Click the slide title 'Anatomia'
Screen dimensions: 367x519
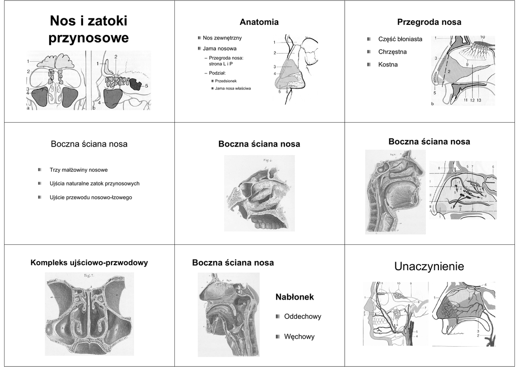pyautogui.click(x=259, y=22)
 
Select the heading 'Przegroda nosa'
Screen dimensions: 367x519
pyautogui.click(x=429, y=22)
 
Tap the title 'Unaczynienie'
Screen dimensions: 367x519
pyautogui.click(x=429, y=267)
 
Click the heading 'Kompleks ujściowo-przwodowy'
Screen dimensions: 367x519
pyautogui.click(x=89, y=263)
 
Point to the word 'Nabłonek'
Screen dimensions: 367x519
pyautogui.click(x=294, y=297)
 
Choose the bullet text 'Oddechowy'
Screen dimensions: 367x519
pyautogui.click(x=303, y=317)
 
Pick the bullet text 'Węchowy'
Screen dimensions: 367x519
pyautogui.click(x=299, y=337)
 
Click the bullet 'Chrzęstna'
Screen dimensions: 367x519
pyautogui.click(x=392, y=52)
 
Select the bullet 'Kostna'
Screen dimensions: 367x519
pyautogui.click(x=388, y=65)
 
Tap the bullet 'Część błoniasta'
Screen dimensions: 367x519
pyautogui.click(x=400, y=39)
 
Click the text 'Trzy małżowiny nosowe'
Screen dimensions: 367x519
pyautogui.click(x=79, y=170)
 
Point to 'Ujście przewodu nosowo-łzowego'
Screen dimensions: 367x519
pyautogui.click(x=91, y=197)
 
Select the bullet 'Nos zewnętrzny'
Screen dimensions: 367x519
pyautogui.click(x=222, y=38)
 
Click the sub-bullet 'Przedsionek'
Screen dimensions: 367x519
pyautogui.click(x=226, y=81)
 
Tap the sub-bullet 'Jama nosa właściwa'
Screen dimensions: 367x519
pyautogui.click(x=233, y=89)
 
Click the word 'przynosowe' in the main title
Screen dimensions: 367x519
pyautogui.click(x=89, y=39)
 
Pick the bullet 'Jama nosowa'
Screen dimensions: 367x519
pyautogui.click(x=219, y=49)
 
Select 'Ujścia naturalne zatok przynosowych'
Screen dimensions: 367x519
pyautogui.click(x=94, y=183)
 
